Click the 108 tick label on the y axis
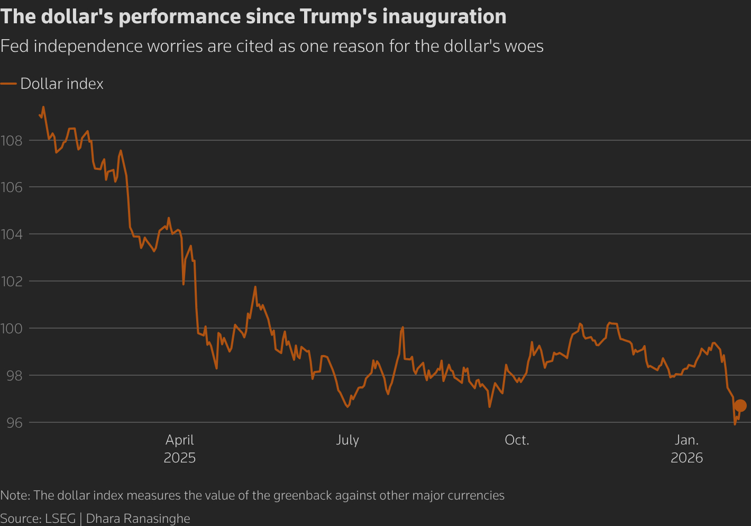click(x=11, y=141)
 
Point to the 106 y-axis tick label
click(x=11, y=187)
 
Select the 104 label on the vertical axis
click(x=11, y=234)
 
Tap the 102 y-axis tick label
click(x=11, y=282)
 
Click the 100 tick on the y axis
click(x=11, y=329)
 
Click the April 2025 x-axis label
click(x=180, y=449)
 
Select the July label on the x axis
click(x=347, y=440)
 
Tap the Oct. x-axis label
click(x=517, y=440)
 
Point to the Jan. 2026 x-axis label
click(x=686, y=449)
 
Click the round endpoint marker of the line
click(x=740, y=405)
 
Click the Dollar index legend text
click(x=62, y=84)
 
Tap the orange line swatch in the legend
click(x=8, y=84)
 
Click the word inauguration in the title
click(x=444, y=17)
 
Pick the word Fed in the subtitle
click(x=13, y=47)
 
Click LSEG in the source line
click(x=60, y=519)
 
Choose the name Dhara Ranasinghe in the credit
click(x=138, y=519)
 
